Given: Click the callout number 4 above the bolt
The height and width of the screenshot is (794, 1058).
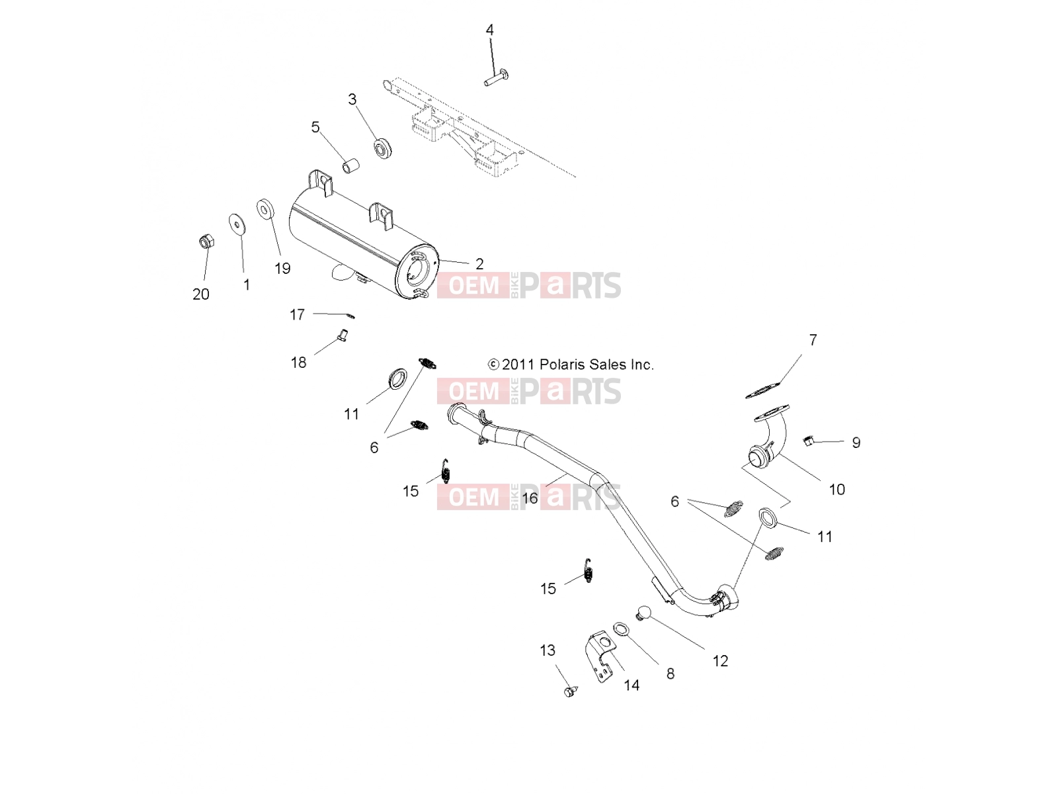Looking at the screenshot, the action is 489,30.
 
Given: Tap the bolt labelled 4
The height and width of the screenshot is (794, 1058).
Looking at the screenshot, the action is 497,77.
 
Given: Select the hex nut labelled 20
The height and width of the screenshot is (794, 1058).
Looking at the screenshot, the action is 207,242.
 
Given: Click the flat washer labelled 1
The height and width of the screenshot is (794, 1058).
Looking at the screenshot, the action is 236,222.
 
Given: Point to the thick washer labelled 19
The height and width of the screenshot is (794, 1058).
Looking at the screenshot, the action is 266,208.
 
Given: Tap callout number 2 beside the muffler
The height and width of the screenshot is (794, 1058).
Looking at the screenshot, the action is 479,264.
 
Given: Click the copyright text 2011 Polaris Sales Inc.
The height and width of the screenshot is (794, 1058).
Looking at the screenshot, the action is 571,365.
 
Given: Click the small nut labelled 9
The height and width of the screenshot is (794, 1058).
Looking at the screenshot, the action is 808,440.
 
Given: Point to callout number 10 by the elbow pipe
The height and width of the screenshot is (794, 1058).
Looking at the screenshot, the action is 836,490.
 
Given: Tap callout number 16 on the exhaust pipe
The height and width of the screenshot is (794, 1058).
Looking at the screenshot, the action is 530,498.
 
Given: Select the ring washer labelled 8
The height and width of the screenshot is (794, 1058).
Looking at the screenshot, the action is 621,629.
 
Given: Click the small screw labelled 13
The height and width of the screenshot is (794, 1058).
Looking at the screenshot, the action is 570,692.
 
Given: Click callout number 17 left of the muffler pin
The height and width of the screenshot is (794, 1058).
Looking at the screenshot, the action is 297,315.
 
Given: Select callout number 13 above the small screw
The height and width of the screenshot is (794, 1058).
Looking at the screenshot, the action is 548,650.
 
